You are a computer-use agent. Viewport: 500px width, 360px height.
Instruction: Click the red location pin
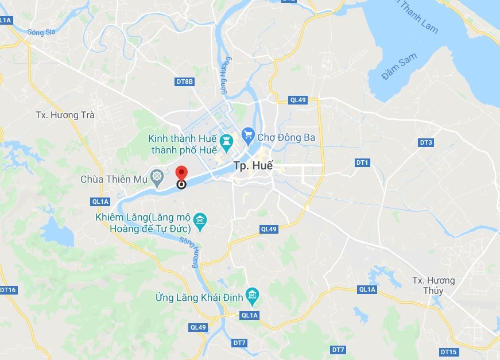[x=181, y=173]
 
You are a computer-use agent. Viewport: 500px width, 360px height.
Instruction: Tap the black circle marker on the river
[x=181, y=184]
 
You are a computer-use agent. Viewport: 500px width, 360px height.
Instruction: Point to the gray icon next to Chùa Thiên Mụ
[x=156, y=176]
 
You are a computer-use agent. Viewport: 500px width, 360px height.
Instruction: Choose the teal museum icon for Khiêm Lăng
[x=200, y=220]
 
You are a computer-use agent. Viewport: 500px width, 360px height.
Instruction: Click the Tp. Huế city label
[x=253, y=166]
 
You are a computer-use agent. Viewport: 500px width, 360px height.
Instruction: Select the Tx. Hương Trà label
[x=65, y=115]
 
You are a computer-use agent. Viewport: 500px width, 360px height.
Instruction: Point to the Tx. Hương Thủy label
[x=433, y=285]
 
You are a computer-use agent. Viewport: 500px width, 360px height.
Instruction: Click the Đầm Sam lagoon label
[x=400, y=68]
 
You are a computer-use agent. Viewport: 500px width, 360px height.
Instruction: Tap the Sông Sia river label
[x=40, y=33]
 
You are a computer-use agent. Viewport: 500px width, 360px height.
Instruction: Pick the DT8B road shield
[x=185, y=82]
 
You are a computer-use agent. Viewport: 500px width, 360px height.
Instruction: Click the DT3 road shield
[x=425, y=142]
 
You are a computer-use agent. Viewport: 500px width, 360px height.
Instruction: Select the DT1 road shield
[x=362, y=163]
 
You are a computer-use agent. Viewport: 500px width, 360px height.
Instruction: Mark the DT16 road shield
[x=8, y=290]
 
